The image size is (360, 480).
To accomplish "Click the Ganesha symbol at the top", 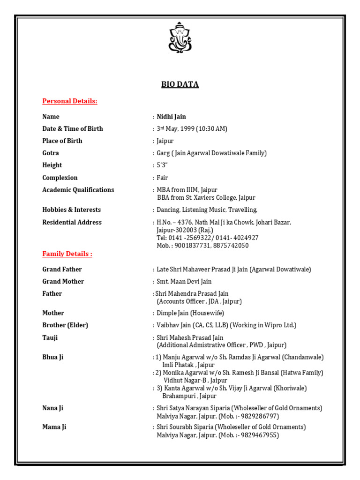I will (180, 37).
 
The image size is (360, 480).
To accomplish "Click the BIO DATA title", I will (180, 84).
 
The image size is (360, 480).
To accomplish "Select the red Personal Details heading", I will (70, 101).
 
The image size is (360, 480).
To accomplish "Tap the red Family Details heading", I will (67, 254).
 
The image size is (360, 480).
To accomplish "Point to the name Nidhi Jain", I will (171, 117).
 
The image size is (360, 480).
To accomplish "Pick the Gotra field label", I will (51, 153).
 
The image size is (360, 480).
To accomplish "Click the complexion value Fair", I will (162, 178).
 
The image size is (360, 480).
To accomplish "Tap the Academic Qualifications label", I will (78, 190).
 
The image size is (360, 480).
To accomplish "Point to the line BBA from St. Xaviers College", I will (206, 198).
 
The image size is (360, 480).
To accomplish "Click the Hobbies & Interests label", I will (71, 210).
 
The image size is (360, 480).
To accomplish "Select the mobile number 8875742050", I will (231, 246).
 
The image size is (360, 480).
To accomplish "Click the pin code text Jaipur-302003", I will (177, 230).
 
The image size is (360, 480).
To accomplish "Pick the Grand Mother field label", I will (63, 282).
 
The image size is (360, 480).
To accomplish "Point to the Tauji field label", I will (50, 338).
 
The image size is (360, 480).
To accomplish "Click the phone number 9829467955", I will (260, 435).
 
